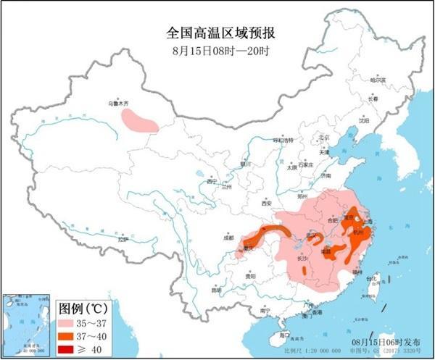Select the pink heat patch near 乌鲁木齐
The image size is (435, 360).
138,120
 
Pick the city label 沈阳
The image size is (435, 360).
362,120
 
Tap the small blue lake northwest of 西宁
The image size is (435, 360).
199,175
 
